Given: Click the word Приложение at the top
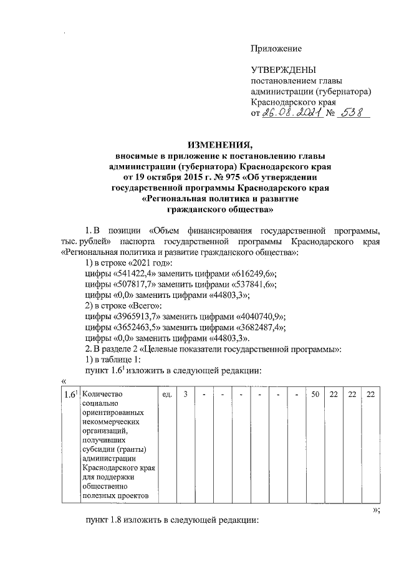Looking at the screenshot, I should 276,49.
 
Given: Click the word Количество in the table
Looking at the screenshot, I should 103,393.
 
